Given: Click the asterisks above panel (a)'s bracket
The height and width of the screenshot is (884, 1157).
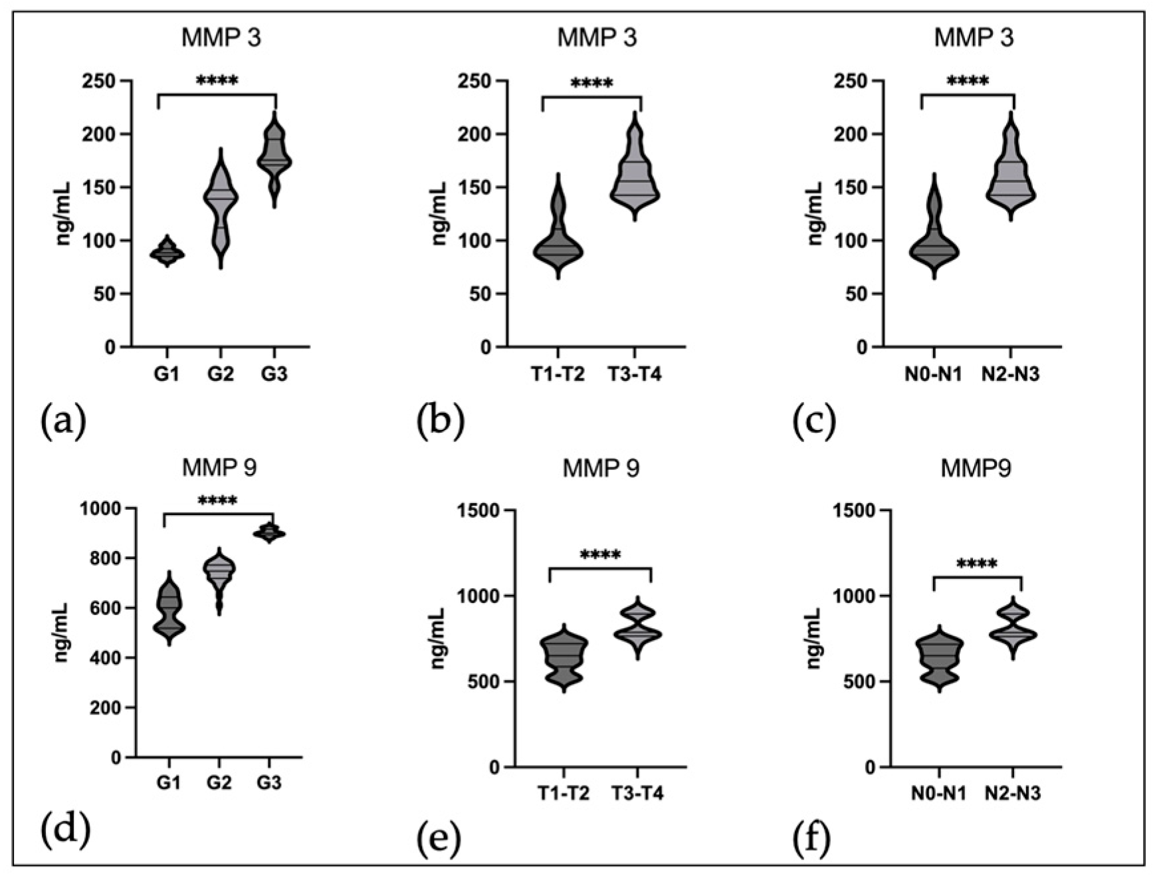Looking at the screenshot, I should [217, 82].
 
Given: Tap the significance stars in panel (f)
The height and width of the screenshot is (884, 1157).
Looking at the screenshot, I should [977, 565].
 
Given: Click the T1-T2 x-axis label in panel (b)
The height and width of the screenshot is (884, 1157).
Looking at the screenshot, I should [557, 375].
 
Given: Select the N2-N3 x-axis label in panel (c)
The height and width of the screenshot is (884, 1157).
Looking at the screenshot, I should [1010, 375].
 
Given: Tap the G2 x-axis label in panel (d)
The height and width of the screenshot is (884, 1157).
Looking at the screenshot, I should [219, 783].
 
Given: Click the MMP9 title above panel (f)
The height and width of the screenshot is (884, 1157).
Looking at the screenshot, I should [976, 469].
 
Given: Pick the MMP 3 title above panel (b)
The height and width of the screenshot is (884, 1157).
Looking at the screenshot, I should [597, 38].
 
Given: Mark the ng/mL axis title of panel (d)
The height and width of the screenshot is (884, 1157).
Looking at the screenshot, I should [62, 632].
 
